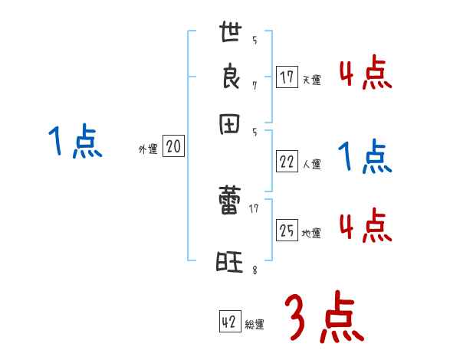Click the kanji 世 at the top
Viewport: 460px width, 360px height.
(230, 35)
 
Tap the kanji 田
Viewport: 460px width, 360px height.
(230, 125)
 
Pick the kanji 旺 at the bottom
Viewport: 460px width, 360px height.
(229, 263)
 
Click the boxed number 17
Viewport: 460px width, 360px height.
(286, 77)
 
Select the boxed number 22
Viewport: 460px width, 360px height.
(286, 161)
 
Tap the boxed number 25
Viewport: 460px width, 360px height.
(286, 231)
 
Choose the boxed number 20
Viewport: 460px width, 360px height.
(173, 147)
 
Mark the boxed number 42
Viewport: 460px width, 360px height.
(229, 322)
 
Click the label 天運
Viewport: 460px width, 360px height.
(311, 80)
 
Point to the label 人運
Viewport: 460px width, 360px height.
(311, 164)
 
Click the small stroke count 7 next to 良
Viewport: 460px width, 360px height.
(254, 85)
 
